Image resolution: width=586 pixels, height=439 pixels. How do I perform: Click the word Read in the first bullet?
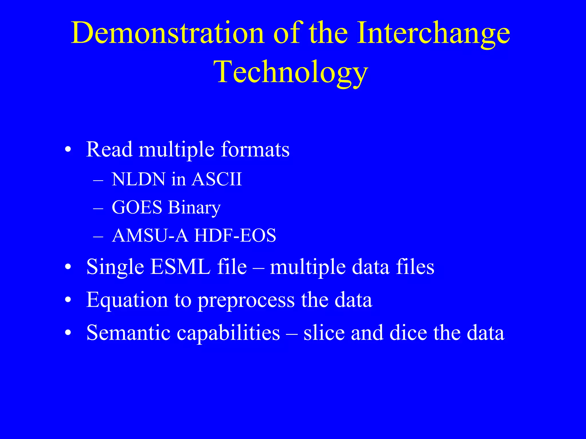click(x=109, y=149)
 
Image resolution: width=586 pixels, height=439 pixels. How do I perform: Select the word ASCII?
click(x=217, y=179)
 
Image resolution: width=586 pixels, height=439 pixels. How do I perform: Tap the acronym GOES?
click(x=137, y=207)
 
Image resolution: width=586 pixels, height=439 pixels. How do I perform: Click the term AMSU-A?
click(x=150, y=236)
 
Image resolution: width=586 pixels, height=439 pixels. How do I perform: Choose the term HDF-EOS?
click(x=235, y=236)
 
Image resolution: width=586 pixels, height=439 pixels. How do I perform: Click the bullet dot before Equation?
click(x=68, y=300)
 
